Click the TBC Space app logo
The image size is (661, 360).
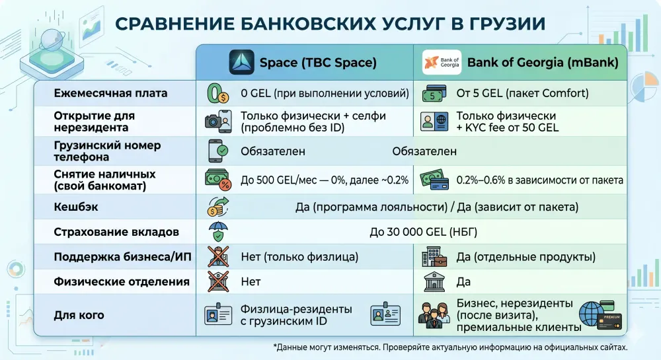[241, 63]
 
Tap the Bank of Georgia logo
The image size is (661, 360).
[442, 63]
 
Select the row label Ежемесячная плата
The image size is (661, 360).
[110, 93]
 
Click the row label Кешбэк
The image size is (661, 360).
[76, 207]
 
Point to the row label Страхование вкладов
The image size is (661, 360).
[116, 232]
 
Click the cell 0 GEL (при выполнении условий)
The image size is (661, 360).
[325, 93]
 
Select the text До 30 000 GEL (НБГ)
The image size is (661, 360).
[423, 232]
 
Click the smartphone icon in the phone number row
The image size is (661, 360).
[219, 151]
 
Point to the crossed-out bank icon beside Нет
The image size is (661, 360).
[217, 281]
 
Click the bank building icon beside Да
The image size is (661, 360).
[434, 281]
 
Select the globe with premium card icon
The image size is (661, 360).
[600, 316]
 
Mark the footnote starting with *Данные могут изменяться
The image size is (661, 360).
[449, 347]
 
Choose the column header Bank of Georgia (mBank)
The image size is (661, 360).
[543, 63]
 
